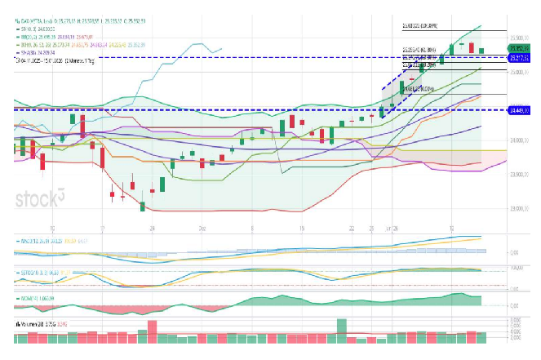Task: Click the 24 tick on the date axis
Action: coord(152,229)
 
